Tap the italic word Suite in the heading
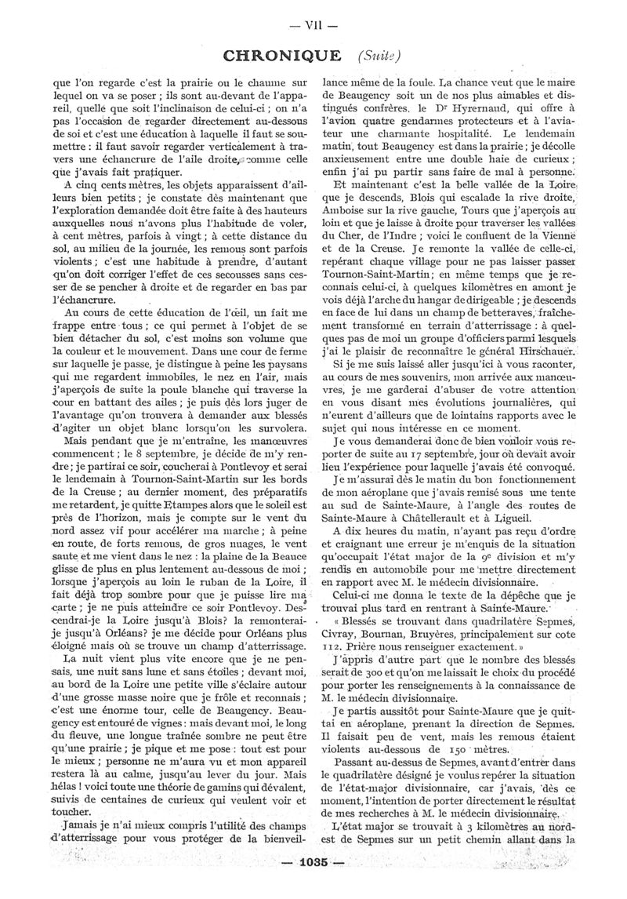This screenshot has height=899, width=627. point(381,56)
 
